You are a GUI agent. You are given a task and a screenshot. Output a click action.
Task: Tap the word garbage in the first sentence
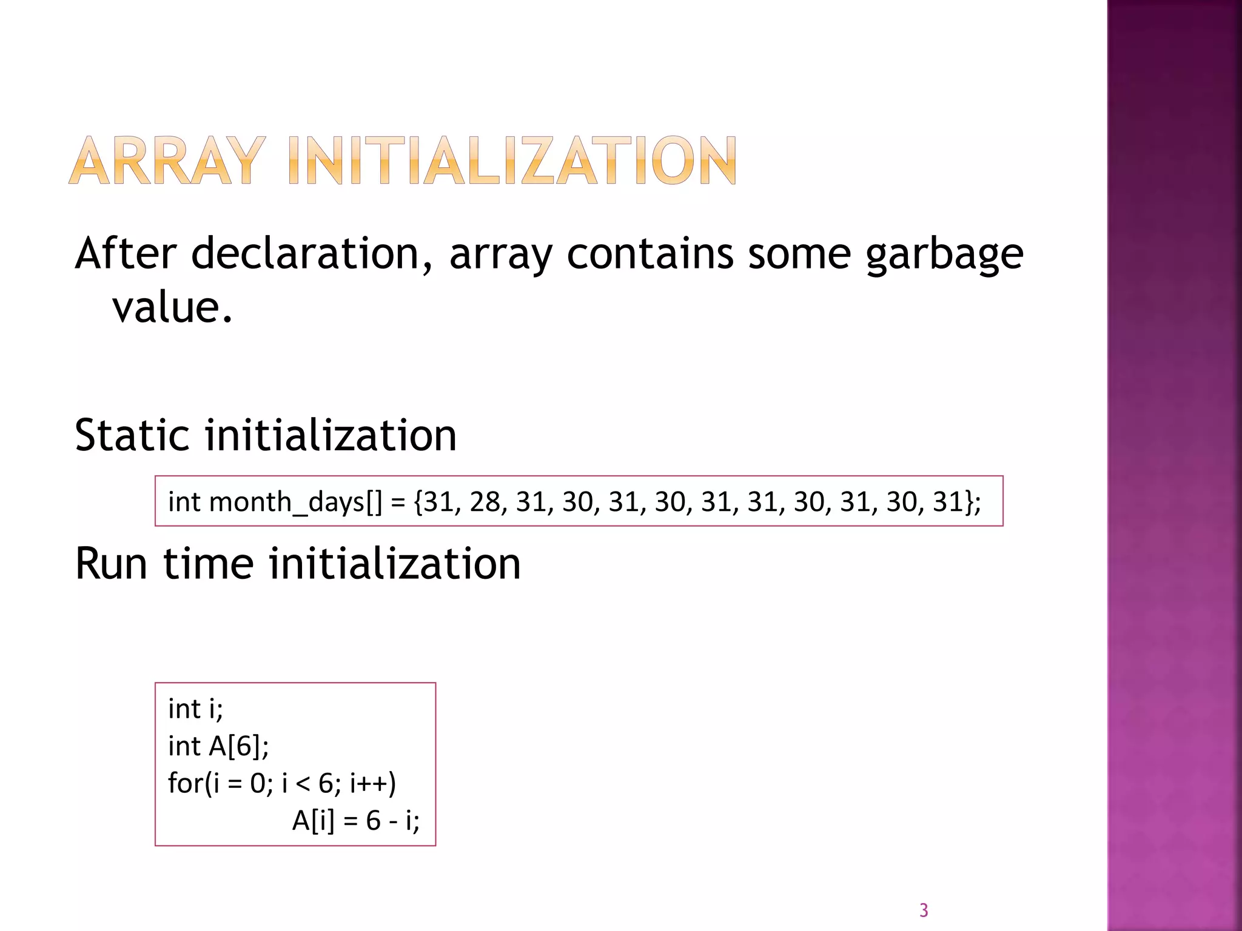click(944, 255)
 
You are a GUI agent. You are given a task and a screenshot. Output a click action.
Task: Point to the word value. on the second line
click(173, 307)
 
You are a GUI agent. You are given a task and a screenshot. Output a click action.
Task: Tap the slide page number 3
click(924, 910)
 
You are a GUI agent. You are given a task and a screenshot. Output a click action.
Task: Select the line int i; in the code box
click(195, 709)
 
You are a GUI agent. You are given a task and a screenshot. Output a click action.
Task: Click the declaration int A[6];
click(218, 746)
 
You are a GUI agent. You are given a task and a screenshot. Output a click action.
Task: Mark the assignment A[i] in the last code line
click(313, 821)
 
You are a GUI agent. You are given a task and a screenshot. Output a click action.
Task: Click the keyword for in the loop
click(185, 783)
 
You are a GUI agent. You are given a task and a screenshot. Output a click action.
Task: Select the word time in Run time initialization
click(208, 564)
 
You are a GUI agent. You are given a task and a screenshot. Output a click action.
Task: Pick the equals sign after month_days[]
click(398, 502)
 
